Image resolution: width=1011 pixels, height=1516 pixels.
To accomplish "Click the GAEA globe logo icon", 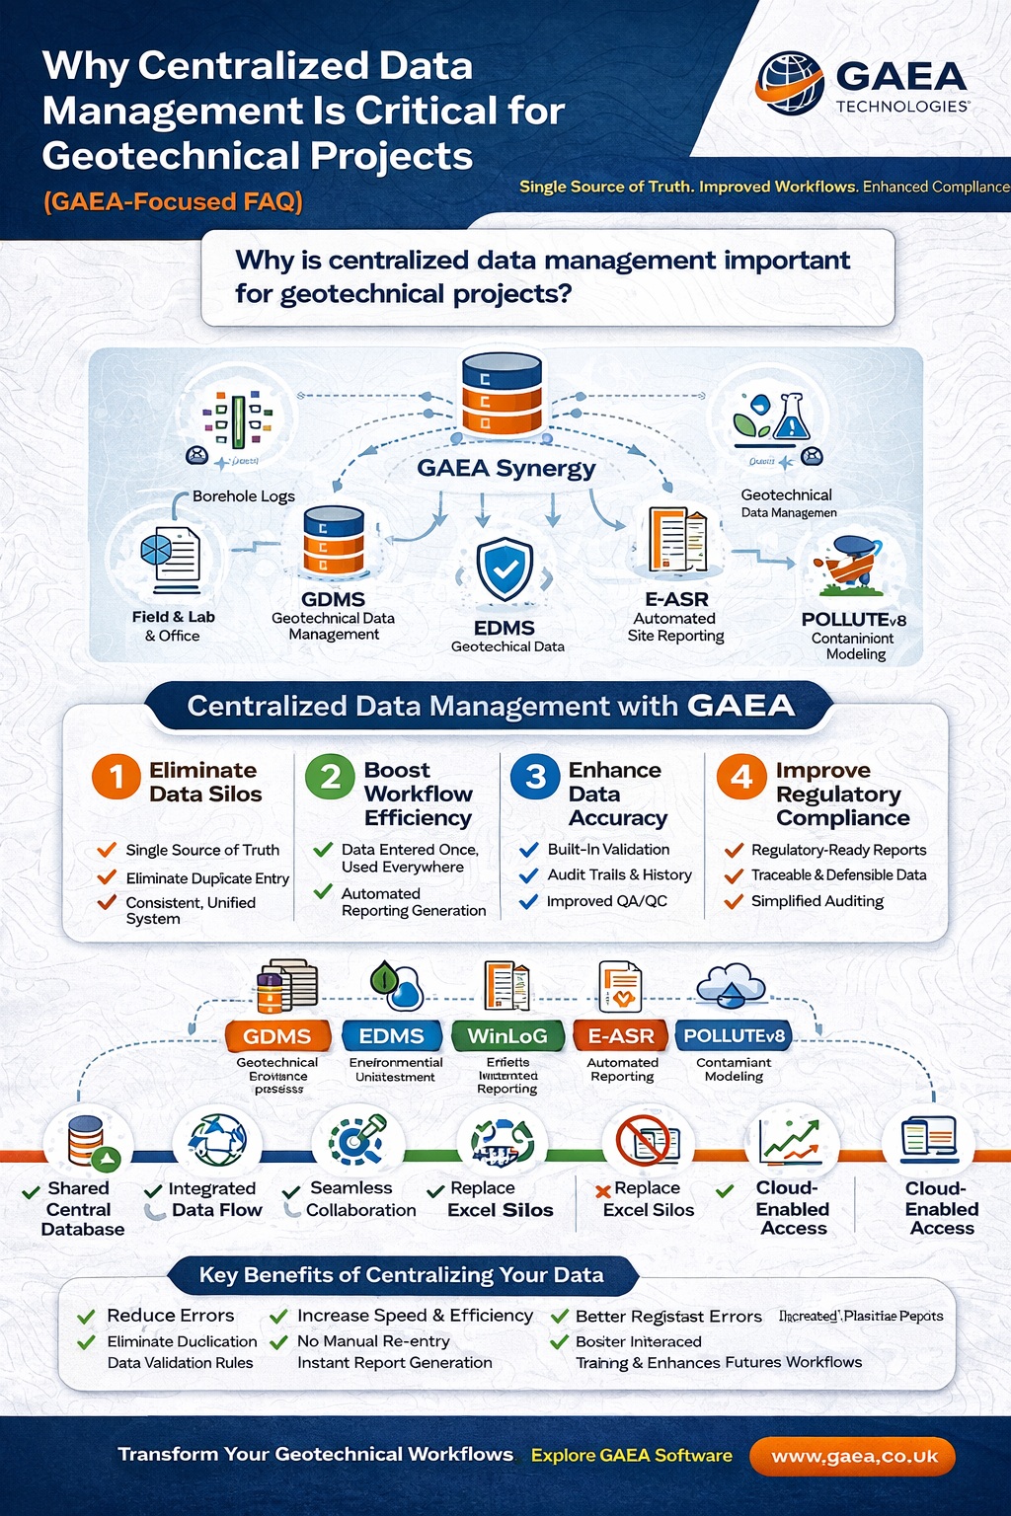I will tap(790, 80).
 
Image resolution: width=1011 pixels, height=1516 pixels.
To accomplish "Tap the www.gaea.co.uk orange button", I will tap(853, 1457).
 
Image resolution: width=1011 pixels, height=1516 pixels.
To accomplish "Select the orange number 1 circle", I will tap(116, 777).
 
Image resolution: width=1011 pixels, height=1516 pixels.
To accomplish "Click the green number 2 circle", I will tap(330, 777).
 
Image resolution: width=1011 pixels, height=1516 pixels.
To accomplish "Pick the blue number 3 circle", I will tap(535, 777).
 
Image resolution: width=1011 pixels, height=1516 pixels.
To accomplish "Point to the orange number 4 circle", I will tap(741, 777).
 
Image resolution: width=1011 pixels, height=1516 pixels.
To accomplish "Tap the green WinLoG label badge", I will tap(507, 1036).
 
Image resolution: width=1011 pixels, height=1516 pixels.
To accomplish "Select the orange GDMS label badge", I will tap(277, 1036).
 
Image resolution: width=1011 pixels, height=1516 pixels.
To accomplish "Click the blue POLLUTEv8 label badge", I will tap(734, 1036).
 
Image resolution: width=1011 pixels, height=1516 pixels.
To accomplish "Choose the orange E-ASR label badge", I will tap(621, 1036).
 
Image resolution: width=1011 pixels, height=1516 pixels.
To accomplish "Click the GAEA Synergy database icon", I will tap(502, 396).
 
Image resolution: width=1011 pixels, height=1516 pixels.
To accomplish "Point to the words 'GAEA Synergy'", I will tap(505, 468).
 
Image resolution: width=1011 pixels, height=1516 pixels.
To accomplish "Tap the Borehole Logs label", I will tap(243, 496).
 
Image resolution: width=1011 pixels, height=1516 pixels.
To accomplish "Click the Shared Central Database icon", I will tap(88, 1141).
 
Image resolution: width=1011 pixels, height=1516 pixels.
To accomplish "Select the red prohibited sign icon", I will tap(644, 1141).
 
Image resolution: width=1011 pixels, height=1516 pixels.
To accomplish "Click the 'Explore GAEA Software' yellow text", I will tap(632, 1456).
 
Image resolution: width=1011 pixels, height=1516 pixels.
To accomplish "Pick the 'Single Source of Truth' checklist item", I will tap(201, 850).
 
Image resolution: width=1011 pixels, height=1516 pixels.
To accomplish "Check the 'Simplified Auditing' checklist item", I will tap(817, 901).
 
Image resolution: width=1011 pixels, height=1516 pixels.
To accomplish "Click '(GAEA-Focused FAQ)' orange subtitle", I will tap(173, 201).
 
